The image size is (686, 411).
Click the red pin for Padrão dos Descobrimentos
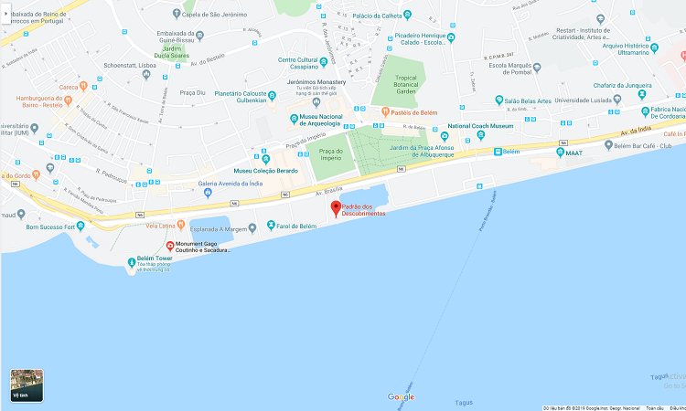point(336,207)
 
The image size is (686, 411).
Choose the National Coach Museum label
point(480,126)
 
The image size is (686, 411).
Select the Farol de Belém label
point(295,226)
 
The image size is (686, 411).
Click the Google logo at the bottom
point(401,397)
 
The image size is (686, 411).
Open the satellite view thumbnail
point(26,385)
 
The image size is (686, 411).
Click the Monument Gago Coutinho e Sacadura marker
point(169,245)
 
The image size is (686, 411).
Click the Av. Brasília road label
point(327,191)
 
